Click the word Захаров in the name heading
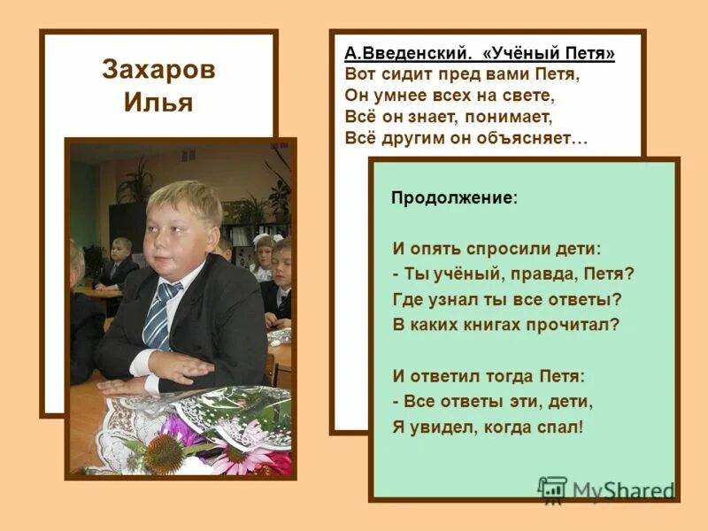pyautogui.click(x=158, y=70)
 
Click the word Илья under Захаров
pyautogui.click(x=158, y=102)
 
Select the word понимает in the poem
pyautogui.click(x=511, y=117)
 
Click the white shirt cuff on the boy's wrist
pyautogui.click(x=142, y=363)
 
